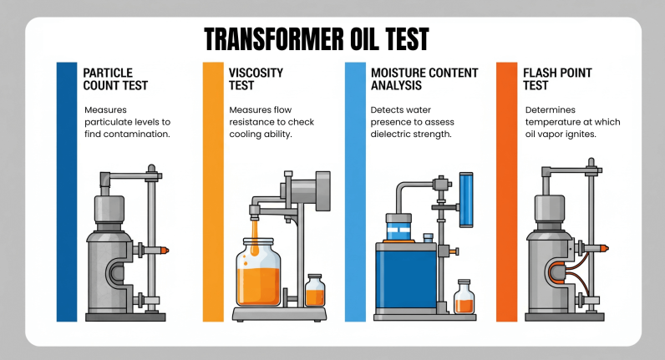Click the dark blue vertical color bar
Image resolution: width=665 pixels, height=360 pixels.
coord(66,191)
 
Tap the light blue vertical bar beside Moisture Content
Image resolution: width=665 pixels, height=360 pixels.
coord(355,191)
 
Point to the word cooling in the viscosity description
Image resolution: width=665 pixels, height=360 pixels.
coord(246,134)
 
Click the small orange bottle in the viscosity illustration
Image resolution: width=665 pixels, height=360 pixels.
coord(315,292)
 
